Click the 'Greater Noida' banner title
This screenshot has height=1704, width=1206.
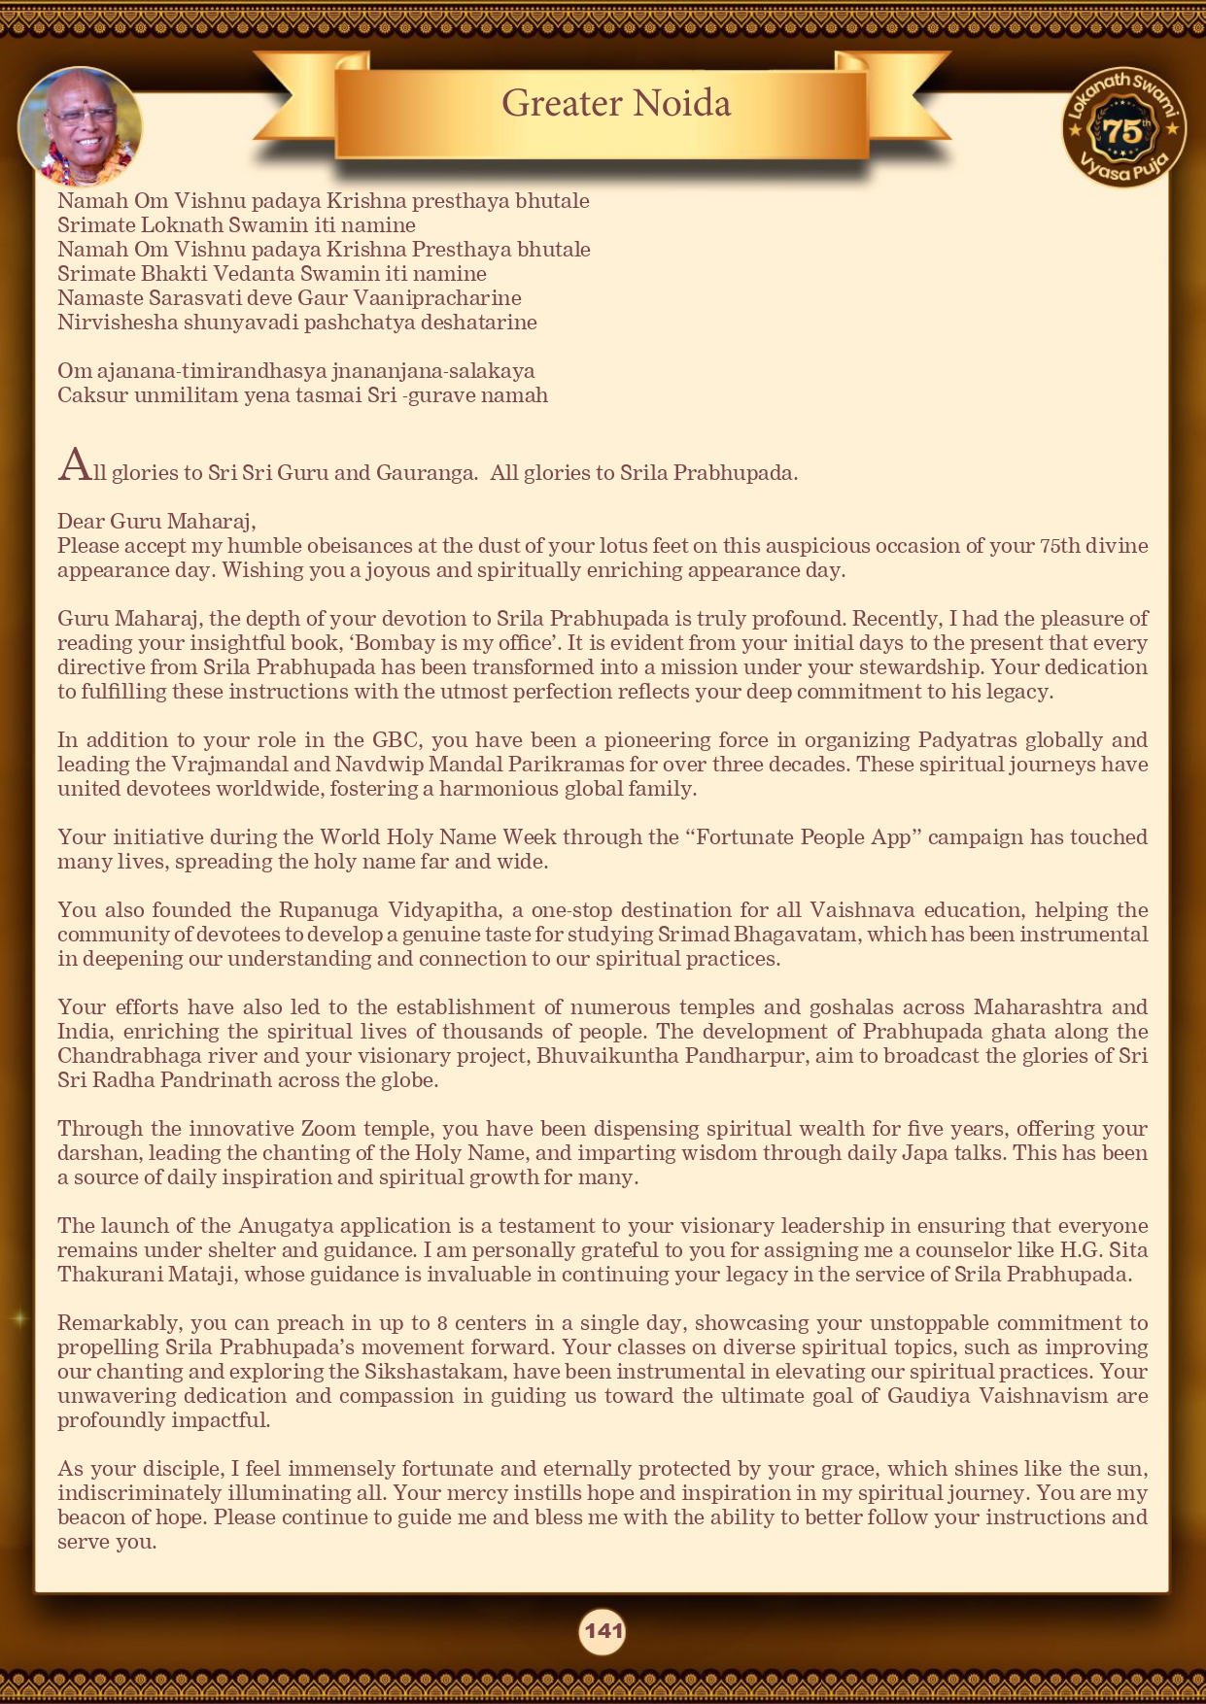point(616,103)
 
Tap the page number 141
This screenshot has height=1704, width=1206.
point(603,1631)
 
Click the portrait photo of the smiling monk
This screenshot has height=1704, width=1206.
point(80,126)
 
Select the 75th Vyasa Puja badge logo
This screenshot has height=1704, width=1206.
point(1124,129)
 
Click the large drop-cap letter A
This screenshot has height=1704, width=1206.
point(74,466)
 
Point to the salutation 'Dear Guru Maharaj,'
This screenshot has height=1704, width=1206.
point(156,522)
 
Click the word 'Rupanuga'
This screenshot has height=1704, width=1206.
point(328,910)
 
